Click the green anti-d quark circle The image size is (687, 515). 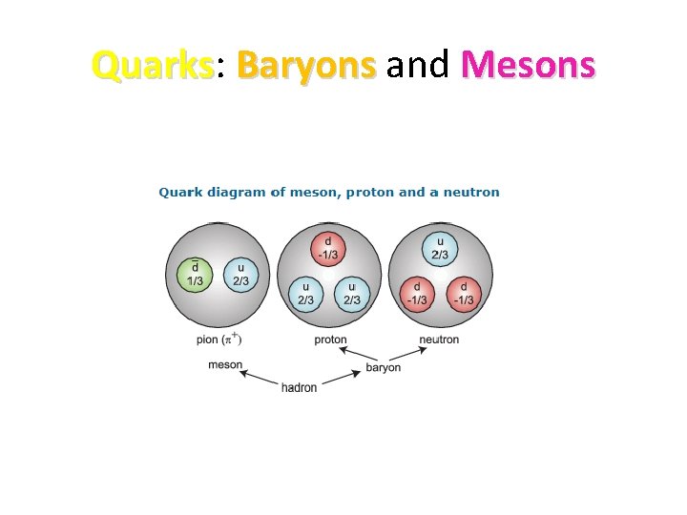click(x=195, y=274)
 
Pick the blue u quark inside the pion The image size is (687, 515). click(x=240, y=274)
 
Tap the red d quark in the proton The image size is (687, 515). click(x=328, y=247)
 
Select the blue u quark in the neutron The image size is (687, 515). click(x=440, y=247)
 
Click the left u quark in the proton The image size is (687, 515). click(x=305, y=292)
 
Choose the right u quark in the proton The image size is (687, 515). click(x=352, y=292)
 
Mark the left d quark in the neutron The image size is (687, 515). click(x=417, y=292)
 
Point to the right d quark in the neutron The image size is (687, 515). click(x=463, y=292)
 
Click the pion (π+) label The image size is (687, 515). click(x=219, y=340)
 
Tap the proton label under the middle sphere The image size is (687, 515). click(x=330, y=340)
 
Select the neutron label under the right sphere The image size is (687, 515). click(x=439, y=340)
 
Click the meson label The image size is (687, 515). click(x=225, y=365)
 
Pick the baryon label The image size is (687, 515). click(x=384, y=367)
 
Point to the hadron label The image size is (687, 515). click(x=300, y=387)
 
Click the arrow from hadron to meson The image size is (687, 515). click(x=261, y=378)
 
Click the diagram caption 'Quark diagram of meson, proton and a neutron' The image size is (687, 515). click(x=328, y=193)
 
